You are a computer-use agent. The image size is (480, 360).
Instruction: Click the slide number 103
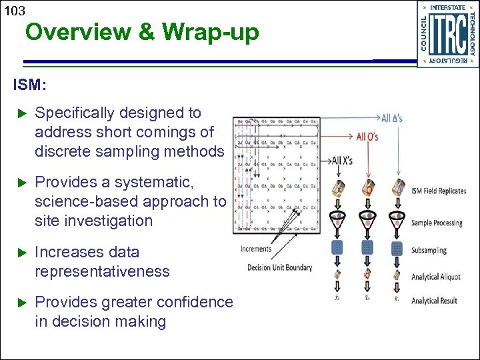coord(13,11)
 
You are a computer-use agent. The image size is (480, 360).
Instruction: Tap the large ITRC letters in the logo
coord(447,33)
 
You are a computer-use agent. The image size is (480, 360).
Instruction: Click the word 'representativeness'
coord(102,271)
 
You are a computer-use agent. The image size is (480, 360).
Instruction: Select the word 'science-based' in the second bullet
coord(79,201)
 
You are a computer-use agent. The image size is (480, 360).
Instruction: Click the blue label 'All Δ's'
coord(391,119)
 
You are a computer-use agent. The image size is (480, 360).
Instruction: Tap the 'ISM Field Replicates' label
coord(438,191)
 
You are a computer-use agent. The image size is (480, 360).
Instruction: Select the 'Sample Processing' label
coord(437,223)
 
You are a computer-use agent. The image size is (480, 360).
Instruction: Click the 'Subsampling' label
coord(429,250)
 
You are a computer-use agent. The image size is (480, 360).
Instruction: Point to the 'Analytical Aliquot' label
coord(434,277)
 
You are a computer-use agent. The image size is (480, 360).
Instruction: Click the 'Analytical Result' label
coord(434,301)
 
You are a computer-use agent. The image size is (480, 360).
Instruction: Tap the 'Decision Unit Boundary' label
coord(279,267)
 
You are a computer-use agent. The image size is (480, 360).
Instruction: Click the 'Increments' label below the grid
coord(256,249)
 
